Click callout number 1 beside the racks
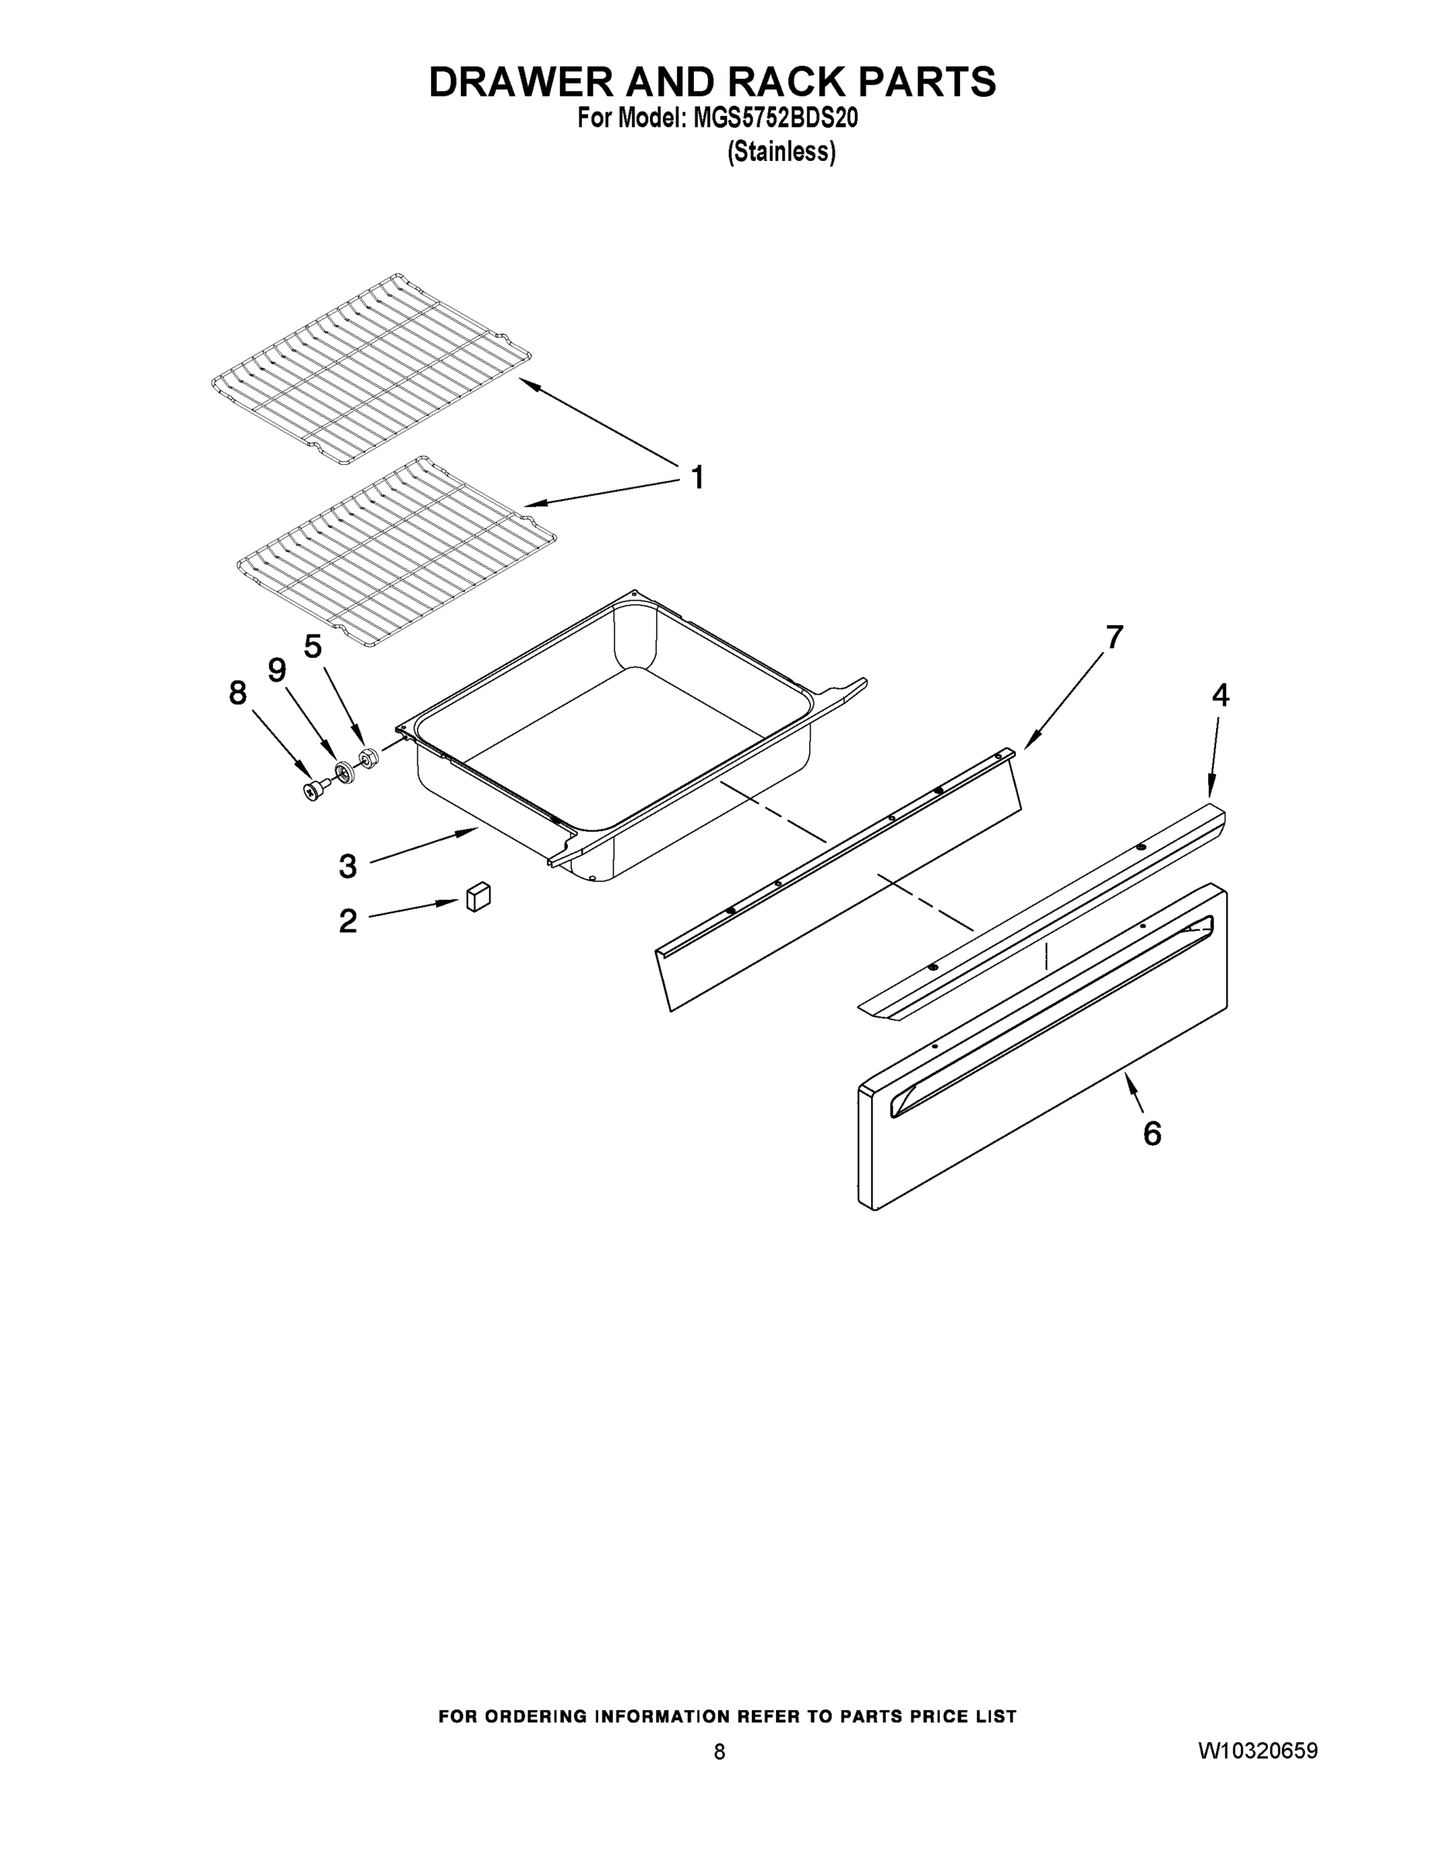coord(697,478)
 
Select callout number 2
coord(347,921)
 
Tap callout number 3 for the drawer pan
coord(347,867)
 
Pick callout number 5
coord(313,647)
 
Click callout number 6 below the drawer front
coord(1152,1134)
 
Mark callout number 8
coord(238,694)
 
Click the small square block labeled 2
coord(479,896)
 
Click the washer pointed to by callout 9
coord(344,772)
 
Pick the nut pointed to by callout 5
coord(369,757)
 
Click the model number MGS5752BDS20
coord(775,118)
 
